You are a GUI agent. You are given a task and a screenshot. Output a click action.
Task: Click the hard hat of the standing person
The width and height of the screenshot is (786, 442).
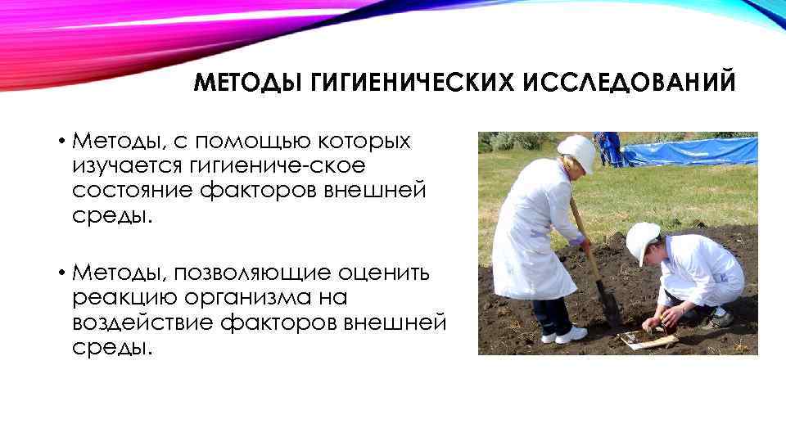point(578,151)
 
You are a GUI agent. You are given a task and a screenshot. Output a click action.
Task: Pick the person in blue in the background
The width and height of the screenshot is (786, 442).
point(609,147)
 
